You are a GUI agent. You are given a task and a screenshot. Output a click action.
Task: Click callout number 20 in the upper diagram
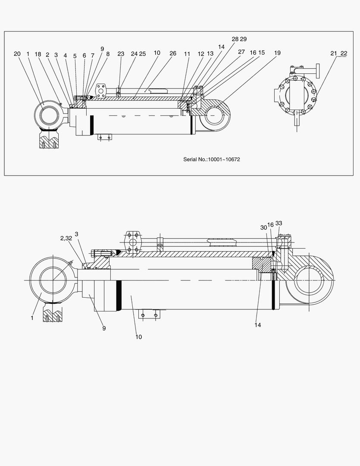click(17, 54)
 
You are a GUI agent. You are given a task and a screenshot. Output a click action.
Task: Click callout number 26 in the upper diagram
click(173, 53)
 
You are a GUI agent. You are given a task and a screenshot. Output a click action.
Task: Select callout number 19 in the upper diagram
click(277, 53)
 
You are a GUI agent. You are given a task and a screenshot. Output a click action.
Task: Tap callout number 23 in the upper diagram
click(121, 54)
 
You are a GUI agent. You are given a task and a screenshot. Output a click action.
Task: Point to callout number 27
click(241, 51)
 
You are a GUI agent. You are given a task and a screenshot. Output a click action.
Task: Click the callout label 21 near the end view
click(334, 53)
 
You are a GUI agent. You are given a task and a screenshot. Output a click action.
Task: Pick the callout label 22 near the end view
click(344, 53)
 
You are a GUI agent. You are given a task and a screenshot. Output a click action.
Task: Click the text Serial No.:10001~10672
click(212, 159)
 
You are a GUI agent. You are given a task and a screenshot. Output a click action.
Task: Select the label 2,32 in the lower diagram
click(66, 238)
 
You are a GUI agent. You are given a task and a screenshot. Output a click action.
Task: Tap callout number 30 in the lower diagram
click(263, 227)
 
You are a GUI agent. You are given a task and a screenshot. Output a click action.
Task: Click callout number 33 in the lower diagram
click(279, 223)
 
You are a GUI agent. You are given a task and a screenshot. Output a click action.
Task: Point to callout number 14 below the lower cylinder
click(257, 325)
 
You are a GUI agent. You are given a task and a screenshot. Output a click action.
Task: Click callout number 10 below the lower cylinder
click(138, 337)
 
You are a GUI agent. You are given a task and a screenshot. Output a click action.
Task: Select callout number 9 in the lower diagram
click(104, 328)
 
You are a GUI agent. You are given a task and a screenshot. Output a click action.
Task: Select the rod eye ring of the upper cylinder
click(49, 115)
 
